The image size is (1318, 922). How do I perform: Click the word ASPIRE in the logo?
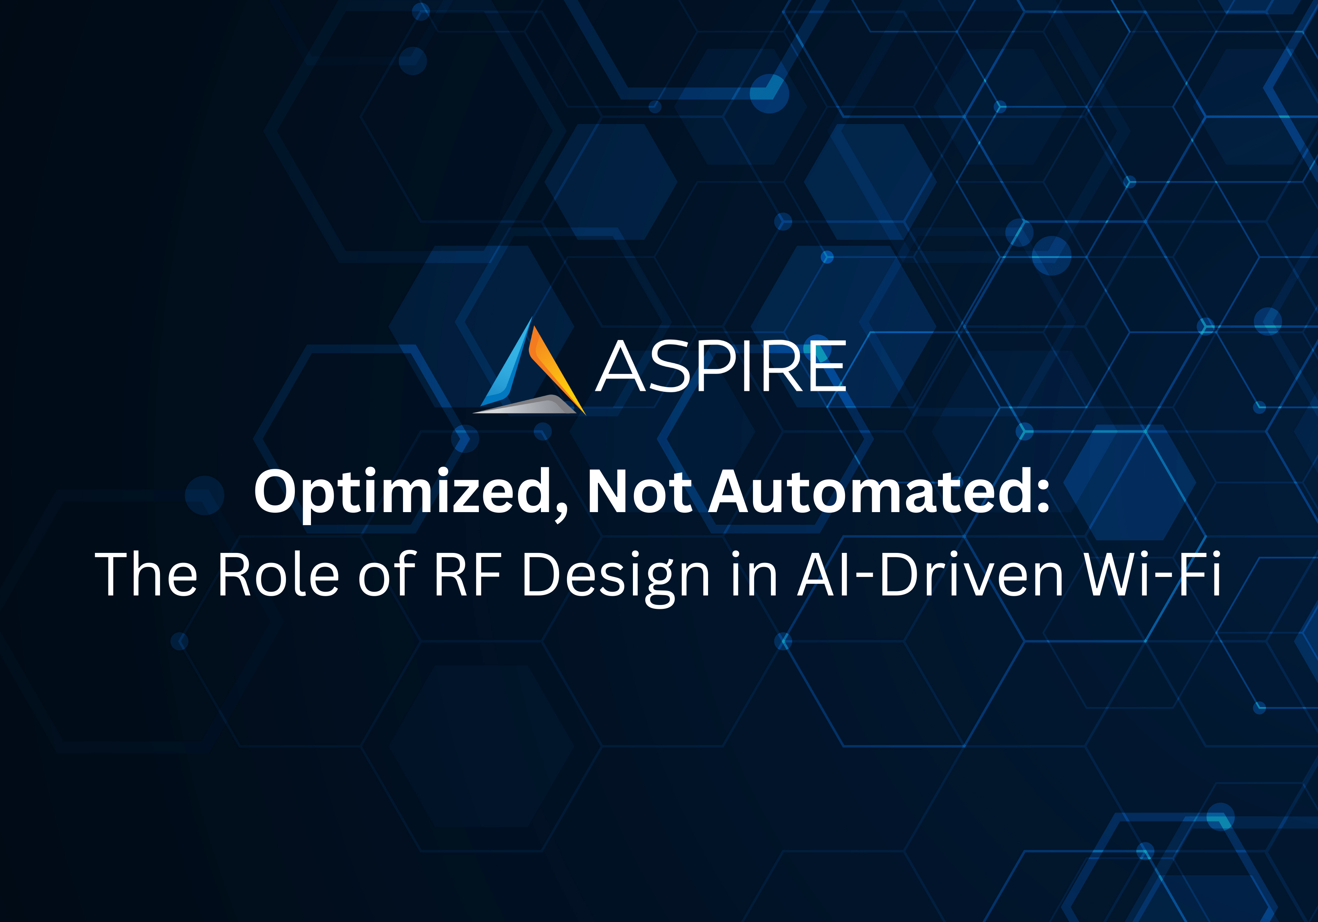point(721,367)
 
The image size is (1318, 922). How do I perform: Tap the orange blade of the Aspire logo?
point(552,367)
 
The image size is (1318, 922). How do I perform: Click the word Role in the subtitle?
point(278,574)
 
